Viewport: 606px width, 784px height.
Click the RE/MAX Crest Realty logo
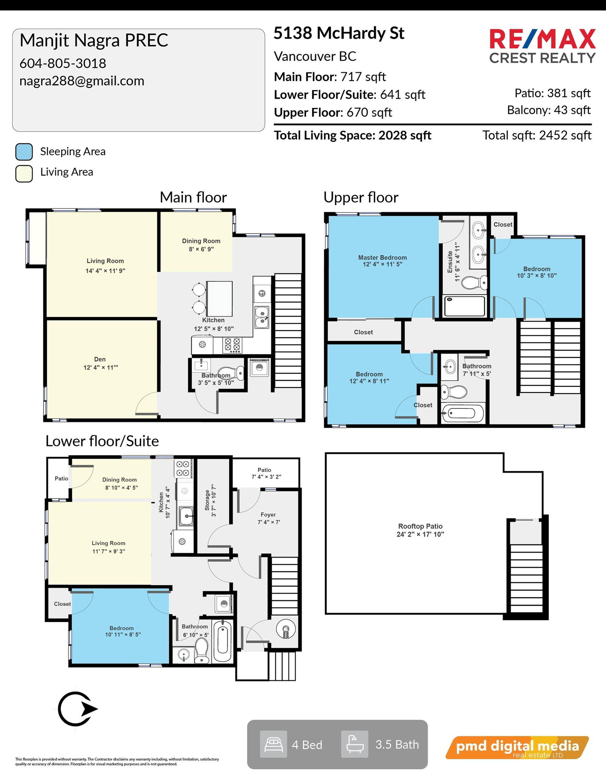coord(542,46)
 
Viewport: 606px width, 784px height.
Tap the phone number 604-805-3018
coord(63,63)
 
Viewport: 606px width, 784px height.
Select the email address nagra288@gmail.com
coord(82,81)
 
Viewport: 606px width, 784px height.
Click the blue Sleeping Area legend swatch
coord(24,152)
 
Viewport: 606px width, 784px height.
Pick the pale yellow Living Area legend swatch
coord(24,173)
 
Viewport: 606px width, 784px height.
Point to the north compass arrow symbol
coord(78,709)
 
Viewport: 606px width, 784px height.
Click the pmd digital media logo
coord(517,747)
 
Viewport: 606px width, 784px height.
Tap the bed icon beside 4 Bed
coord(273,744)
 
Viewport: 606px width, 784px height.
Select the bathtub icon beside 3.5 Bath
coord(355,744)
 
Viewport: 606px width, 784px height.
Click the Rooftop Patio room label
coord(420,530)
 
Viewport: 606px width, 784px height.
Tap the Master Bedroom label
coord(383,261)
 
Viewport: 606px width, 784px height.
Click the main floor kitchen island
coord(219,298)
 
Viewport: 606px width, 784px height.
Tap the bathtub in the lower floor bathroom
coord(222,641)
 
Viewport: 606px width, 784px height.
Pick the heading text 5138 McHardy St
coord(339,33)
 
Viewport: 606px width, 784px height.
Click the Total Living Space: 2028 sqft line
coord(353,135)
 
